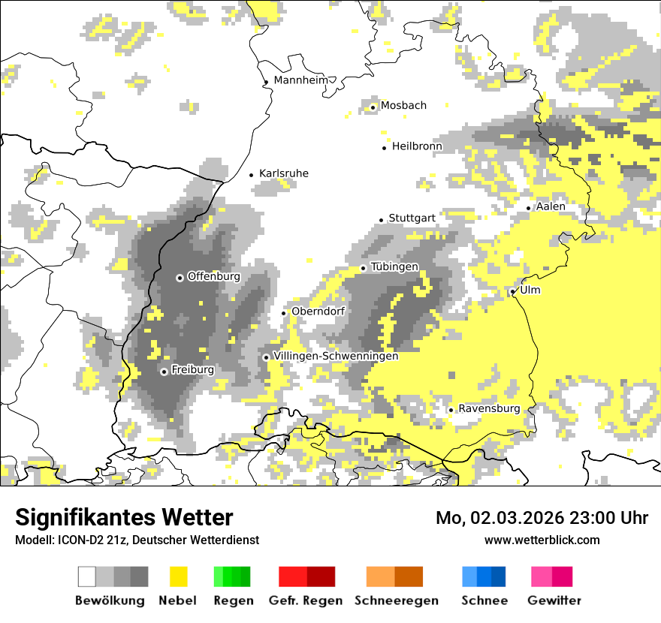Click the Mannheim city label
[x=302, y=80]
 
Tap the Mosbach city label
[x=403, y=106]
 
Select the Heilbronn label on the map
[x=417, y=146]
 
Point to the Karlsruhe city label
[x=283, y=174]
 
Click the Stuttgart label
[x=412, y=218]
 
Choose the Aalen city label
[x=551, y=206]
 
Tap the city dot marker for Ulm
[x=513, y=291]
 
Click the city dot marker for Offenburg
[x=180, y=278]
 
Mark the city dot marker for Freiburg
[x=164, y=372]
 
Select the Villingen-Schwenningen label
[x=336, y=357]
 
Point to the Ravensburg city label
[x=489, y=409]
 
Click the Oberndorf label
[x=318, y=311]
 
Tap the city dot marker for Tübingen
[x=364, y=268]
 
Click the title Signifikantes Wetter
[x=124, y=517]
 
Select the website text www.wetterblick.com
[x=542, y=540]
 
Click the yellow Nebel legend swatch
[x=179, y=576]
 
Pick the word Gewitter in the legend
[x=554, y=600]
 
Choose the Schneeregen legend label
[x=397, y=600]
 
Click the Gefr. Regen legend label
[x=306, y=600]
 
